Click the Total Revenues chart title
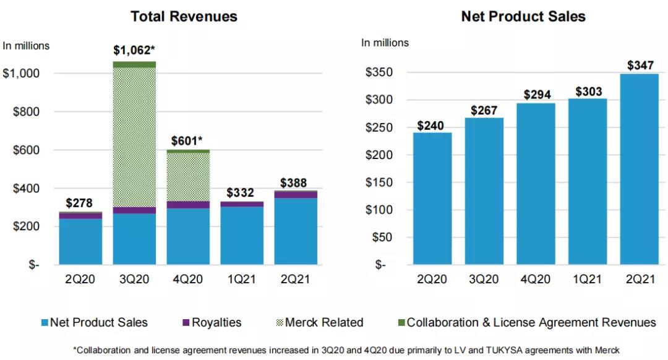pos(184,17)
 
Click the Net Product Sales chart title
pos(523,17)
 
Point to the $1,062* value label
pos(134,50)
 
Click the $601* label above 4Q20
pos(188,140)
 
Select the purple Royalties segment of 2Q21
pos(296,194)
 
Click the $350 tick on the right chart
pos(377,73)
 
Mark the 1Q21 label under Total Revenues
pos(241,278)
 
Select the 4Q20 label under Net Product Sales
pos(536,278)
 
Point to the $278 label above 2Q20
pos(80,203)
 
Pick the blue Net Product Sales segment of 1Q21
pos(242,235)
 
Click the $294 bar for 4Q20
pos(536,184)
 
